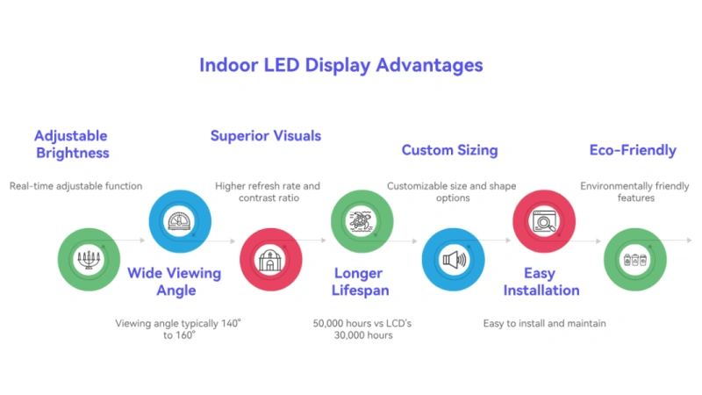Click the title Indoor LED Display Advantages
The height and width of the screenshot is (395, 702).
click(x=340, y=66)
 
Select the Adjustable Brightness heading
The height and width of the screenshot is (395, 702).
click(x=71, y=144)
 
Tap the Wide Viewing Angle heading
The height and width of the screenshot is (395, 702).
click(x=174, y=281)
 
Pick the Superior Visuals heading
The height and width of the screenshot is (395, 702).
click(x=265, y=136)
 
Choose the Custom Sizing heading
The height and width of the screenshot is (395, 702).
click(x=449, y=150)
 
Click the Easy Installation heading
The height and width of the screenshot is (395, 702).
click(x=540, y=281)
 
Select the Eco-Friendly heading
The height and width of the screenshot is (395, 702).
click(x=633, y=150)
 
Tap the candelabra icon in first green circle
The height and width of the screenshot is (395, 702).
click(x=89, y=260)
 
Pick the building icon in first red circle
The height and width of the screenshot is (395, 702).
click(x=271, y=260)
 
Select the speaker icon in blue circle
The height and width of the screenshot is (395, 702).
click(x=453, y=260)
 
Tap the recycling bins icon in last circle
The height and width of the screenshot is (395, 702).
click(x=634, y=260)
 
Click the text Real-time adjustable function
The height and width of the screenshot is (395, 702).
click(x=75, y=186)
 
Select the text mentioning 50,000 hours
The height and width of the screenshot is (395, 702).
click(x=362, y=329)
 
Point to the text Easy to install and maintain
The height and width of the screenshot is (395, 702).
click(x=544, y=324)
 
